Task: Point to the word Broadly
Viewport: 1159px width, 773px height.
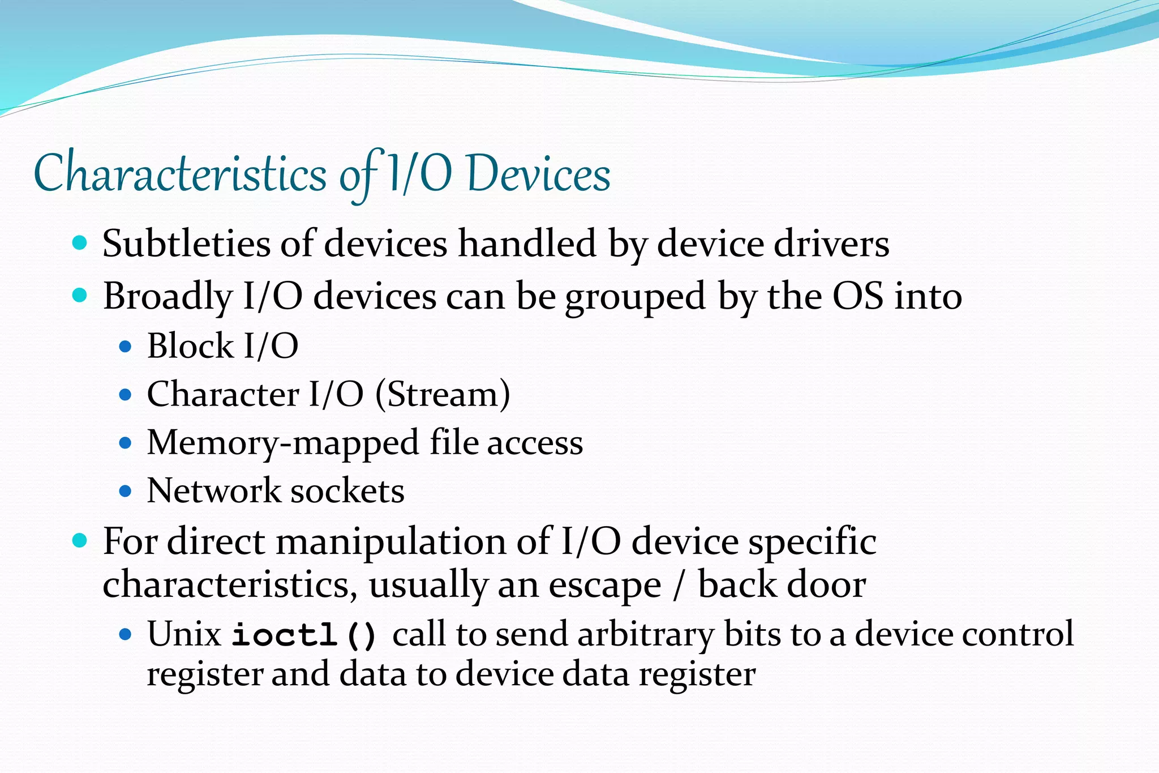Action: point(168,296)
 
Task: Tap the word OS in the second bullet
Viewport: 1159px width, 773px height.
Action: point(857,296)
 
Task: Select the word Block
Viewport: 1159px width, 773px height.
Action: point(190,345)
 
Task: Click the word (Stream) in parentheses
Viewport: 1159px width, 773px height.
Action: point(443,394)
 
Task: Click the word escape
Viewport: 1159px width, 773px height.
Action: point(604,585)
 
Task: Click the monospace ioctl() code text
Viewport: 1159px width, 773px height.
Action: point(304,635)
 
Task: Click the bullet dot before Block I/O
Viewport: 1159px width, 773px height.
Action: point(126,346)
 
